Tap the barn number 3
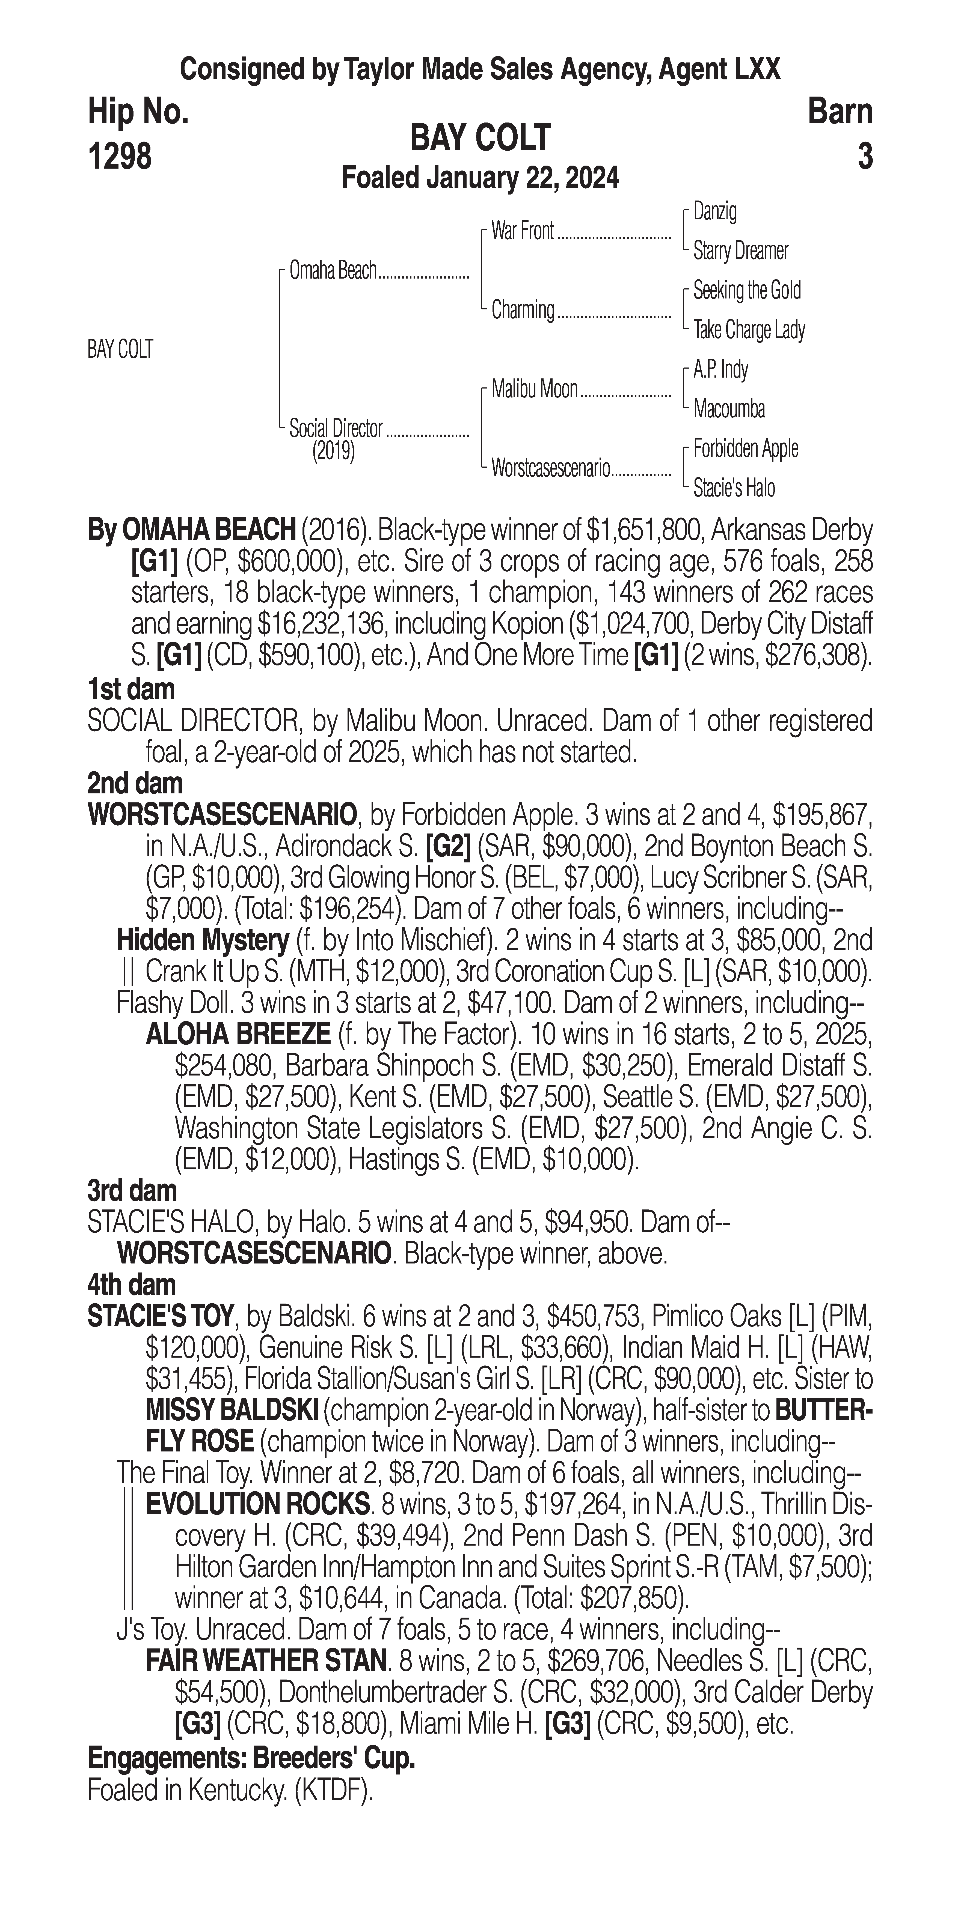click(x=864, y=156)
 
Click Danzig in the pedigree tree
click(x=715, y=211)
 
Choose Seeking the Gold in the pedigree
click(x=746, y=290)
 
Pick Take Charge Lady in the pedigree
click(x=749, y=330)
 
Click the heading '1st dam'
click(x=131, y=689)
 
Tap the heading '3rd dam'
click(x=132, y=1191)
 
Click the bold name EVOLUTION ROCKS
click(x=258, y=1505)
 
